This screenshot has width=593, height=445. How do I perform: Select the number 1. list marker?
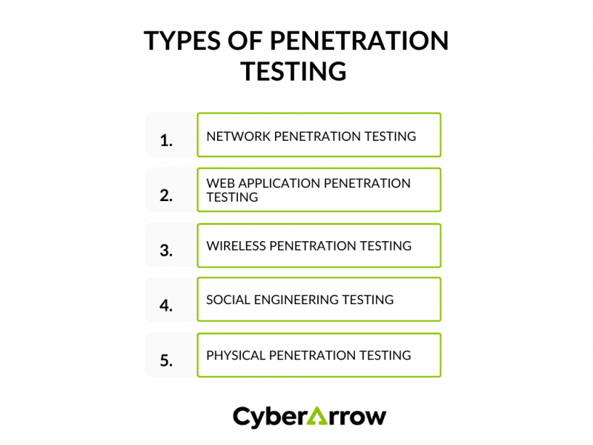(x=166, y=140)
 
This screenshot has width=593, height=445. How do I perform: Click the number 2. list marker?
(x=166, y=196)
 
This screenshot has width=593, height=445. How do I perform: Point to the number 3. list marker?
(x=166, y=251)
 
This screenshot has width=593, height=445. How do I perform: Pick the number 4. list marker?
(x=166, y=305)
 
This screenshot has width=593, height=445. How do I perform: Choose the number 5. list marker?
(x=166, y=360)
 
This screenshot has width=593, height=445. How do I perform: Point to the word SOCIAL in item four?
(x=228, y=300)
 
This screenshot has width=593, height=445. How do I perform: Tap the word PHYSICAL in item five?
(x=235, y=355)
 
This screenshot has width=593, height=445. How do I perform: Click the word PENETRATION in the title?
(x=358, y=42)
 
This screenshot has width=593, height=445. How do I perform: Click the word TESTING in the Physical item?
(x=385, y=355)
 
